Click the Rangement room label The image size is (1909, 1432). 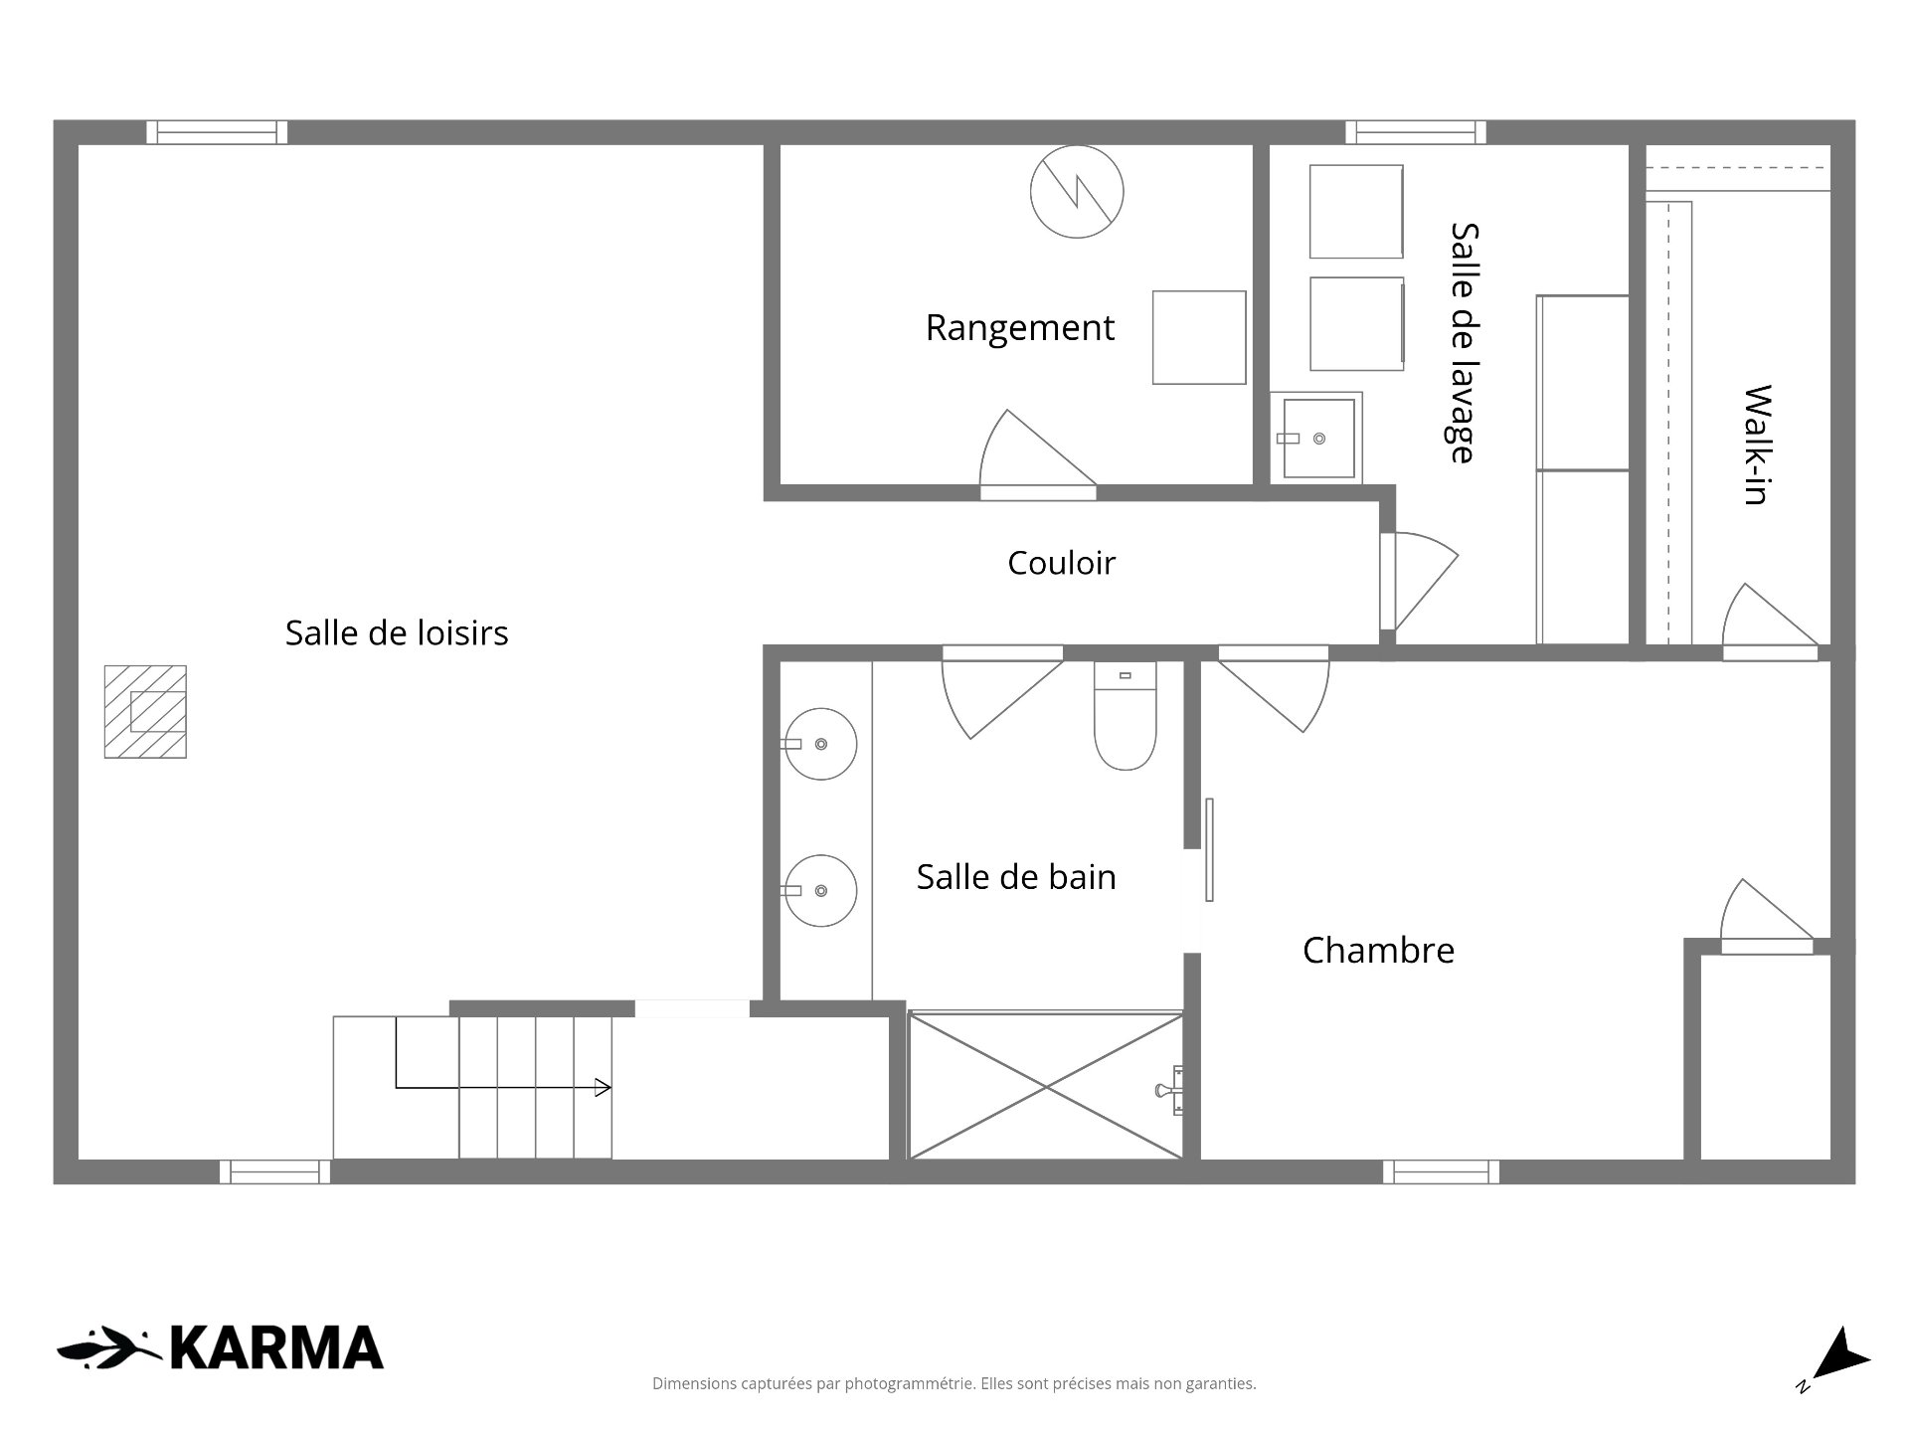(x=1019, y=328)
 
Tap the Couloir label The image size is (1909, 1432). (x=1061, y=563)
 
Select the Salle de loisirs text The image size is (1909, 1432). (x=397, y=632)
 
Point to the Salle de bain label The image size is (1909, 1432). (x=1016, y=877)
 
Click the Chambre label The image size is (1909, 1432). (x=1378, y=951)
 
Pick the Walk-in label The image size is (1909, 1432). (x=1758, y=445)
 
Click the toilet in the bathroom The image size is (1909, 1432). (x=1125, y=716)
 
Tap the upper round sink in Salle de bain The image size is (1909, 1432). (x=820, y=744)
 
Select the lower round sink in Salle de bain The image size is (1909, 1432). (x=820, y=891)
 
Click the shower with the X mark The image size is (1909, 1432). (x=1046, y=1086)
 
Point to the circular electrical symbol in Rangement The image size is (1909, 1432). (x=1077, y=192)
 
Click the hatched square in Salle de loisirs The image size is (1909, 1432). (x=145, y=712)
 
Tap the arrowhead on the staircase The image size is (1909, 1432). (x=603, y=1088)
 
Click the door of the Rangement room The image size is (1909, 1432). (x=1037, y=454)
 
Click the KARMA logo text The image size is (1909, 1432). (x=276, y=1348)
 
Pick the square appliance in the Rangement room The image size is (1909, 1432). (x=1199, y=337)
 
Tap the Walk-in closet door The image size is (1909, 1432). (x=1770, y=622)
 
